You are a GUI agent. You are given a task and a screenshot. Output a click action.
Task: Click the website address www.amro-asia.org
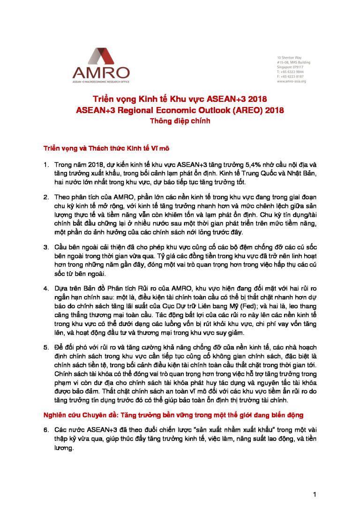click(291, 81)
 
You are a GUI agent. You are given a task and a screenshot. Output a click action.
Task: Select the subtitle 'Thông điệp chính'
click(180, 121)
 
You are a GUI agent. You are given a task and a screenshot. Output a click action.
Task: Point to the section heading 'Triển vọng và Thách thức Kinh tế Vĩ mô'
click(105, 148)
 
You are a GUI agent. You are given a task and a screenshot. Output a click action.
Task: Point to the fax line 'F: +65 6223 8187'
click(290, 76)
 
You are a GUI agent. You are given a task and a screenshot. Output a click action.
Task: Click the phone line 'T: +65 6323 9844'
click(290, 72)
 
